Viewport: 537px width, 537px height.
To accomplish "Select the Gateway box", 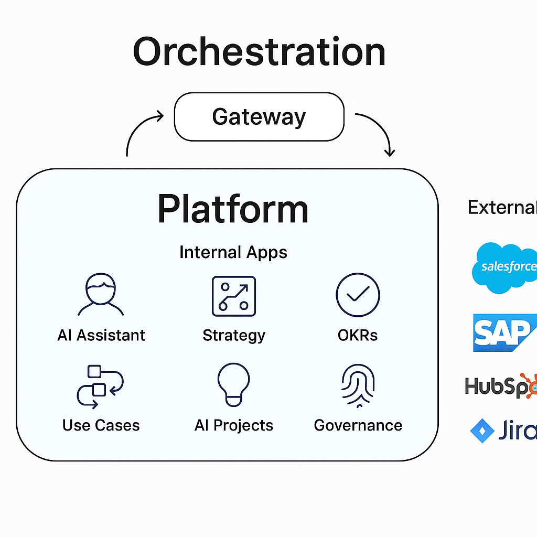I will pos(259,116).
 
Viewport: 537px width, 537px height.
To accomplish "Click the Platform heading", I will pos(233,209).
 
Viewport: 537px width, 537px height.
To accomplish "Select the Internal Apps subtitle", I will pos(233,252).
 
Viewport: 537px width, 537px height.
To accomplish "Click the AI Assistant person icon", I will pos(101,295).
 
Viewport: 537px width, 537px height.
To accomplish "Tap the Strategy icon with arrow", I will pos(233,296).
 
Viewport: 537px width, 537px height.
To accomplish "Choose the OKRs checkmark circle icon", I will pos(358,295).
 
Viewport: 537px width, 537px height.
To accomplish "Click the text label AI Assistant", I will pos(101,335).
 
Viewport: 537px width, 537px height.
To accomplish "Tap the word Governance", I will pos(358,425).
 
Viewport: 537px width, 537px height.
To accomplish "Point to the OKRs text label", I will pos(358,335).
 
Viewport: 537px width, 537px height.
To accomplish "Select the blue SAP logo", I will pos(503,332).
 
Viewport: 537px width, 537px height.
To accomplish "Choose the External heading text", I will pos(502,208).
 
